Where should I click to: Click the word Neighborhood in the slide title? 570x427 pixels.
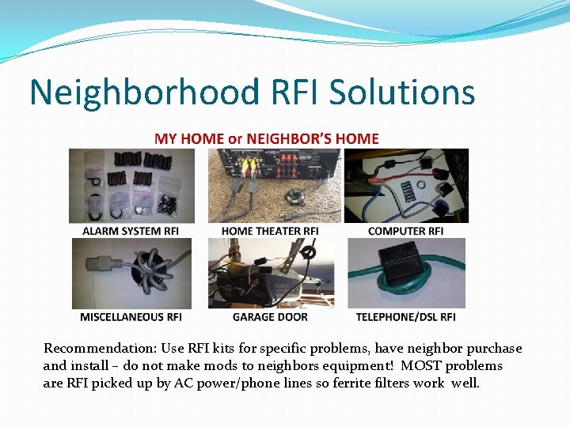coord(143,93)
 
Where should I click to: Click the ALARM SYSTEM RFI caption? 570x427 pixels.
coord(131,231)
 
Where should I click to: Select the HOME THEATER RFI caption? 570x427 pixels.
coord(270,231)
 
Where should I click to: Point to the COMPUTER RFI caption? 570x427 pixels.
coord(406,231)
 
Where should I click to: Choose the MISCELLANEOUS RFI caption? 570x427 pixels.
coord(131,317)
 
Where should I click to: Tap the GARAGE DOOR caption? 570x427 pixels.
coord(270,317)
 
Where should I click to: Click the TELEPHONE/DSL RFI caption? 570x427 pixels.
coord(406,317)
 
